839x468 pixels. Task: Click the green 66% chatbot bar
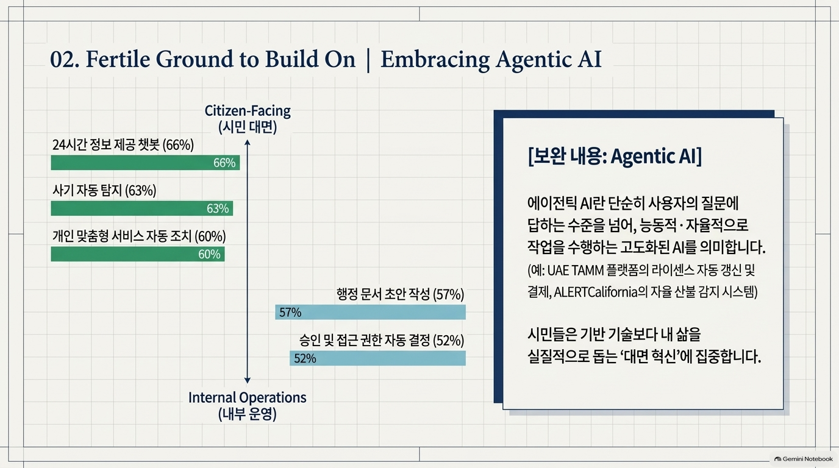point(145,163)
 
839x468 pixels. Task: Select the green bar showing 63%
point(142,208)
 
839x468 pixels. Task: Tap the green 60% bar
point(138,254)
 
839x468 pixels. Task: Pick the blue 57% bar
point(371,312)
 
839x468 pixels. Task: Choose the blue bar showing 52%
point(377,358)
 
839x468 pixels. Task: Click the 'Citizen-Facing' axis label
point(248,111)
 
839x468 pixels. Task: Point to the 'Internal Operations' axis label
point(247,397)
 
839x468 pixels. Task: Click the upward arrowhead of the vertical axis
point(247,143)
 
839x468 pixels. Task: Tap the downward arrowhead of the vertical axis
point(247,380)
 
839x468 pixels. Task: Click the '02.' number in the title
point(65,60)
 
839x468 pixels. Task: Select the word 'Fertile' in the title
point(118,59)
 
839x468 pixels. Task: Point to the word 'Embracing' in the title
point(435,60)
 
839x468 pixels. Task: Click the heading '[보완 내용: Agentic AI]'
point(615,156)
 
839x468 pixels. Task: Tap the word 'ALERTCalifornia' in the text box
point(596,292)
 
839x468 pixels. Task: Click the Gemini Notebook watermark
point(804,459)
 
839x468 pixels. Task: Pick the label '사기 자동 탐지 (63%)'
point(104,191)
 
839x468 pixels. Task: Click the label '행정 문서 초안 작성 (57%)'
point(400,294)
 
